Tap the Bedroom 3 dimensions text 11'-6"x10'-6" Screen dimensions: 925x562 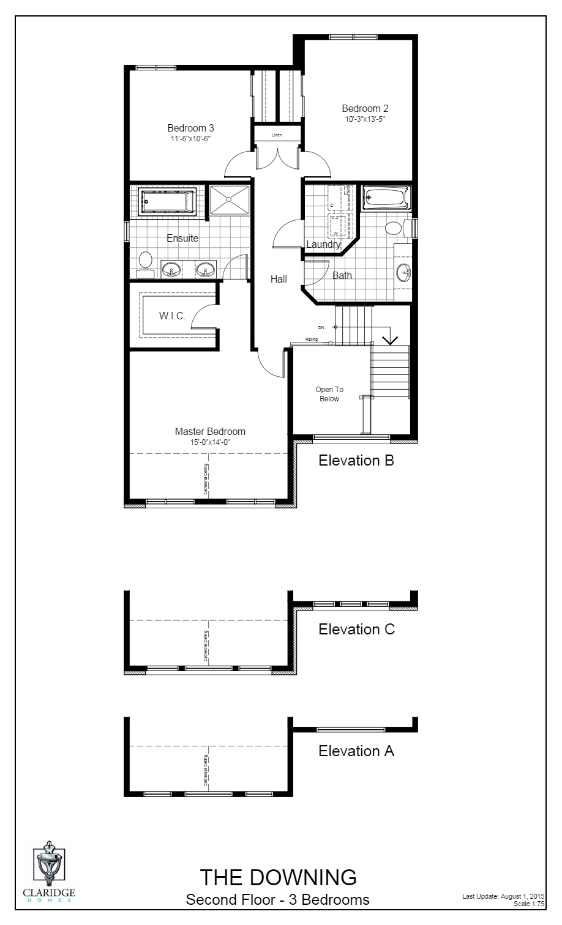[190, 139]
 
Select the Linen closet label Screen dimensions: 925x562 [277, 135]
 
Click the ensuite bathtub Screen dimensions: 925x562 [167, 201]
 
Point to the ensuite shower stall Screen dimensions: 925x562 [230, 199]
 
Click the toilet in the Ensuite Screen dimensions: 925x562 [145, 260]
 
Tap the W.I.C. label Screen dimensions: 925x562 [173, 316]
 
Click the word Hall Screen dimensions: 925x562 [279, 279]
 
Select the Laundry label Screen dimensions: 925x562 [323, 245]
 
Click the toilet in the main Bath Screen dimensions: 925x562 [395, 228]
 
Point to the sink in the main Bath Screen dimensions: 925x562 [402, 271]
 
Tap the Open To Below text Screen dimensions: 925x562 [329, 394]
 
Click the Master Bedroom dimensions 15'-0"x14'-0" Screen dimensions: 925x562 [210, 442]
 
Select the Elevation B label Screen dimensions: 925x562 [356, 461]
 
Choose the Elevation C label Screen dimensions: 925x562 [356, 629]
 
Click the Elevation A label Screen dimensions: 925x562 [356, 751]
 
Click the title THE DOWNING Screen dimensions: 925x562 [278, 877]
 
